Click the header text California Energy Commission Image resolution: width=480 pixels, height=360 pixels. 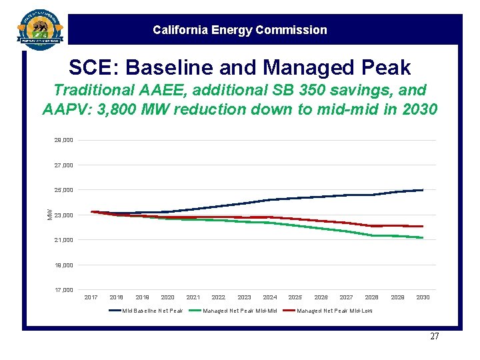pyautogui.click(x=239, y=30)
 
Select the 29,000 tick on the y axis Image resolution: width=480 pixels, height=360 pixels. pyautogui.click(x=64, y=141)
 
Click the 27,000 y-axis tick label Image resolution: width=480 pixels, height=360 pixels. pyautogui.click(x=64, y=165)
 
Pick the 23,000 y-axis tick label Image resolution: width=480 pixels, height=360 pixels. pyautogui.click(x=64, y=215)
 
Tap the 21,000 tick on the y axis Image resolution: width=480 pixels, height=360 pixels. pyautogui.click(x=64, y=240)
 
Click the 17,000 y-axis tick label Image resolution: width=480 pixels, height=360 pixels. pyautogui.click(x=64, y=290)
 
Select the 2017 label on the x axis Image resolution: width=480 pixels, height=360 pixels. pyautogui.click(x=91, y=297)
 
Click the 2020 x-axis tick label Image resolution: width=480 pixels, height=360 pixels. pyautogui.click(x=168, y=297)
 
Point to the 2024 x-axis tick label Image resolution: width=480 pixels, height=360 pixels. pyautogui.click(x=270, y=297)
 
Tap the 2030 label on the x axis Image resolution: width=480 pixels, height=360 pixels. pyautogui.click(x=423, y=297)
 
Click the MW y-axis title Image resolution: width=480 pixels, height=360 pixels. pyautogui.click(x=49, y=213)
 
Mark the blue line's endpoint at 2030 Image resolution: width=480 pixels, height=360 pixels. pyautogui.click(x=423, y=190)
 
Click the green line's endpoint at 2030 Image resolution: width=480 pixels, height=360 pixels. pyautogui.click(x=423, y=237)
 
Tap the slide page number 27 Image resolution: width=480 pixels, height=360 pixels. pyautogui.click(x=434, y=337)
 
